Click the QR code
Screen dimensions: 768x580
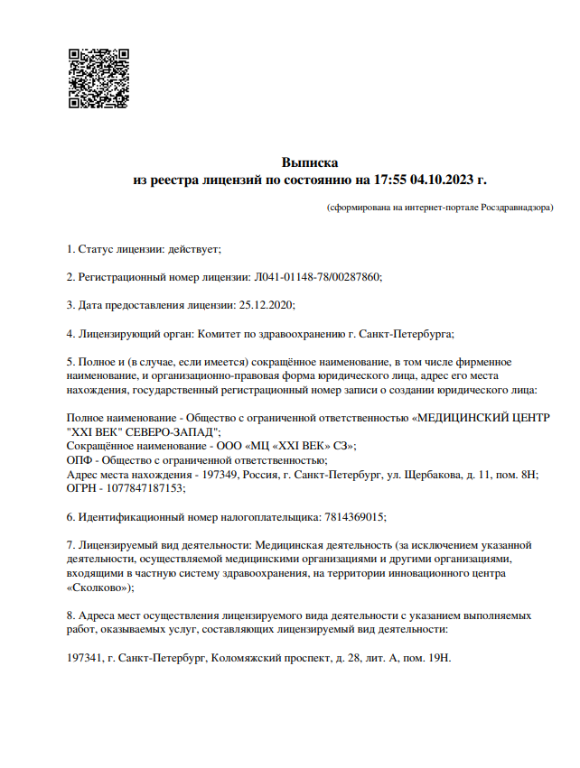(98, 79)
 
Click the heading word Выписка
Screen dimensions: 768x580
(310, 163)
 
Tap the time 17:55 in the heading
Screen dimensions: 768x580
(389, 180)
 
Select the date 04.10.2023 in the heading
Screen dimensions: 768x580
(444, 180)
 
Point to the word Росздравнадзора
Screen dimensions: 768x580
(515, 208)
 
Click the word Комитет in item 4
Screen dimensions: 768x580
(218, 333)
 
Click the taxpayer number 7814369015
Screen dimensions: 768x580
(353, 517)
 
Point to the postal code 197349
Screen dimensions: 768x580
(213, 474)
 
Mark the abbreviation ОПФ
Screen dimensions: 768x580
(80, 459)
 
